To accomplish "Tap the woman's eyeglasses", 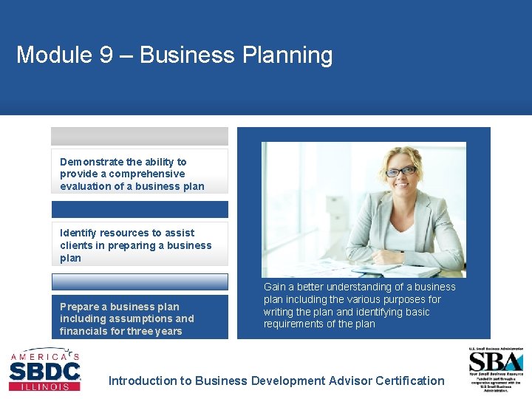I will [x=401, y=171].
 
